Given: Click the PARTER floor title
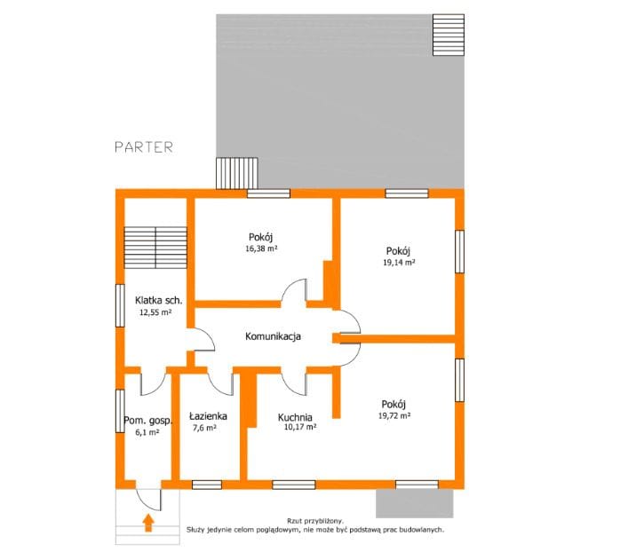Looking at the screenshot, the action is coord(144,147).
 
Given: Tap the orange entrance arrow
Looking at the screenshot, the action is coord(148,523).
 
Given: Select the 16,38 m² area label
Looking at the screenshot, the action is coord(261,248).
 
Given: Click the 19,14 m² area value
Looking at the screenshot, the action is coord(399,262).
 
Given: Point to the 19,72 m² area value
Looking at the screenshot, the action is coord(394,415).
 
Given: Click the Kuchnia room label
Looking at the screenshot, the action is coord(295,417).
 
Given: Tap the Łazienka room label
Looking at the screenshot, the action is coord(208,416).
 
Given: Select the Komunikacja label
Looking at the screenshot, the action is coord(273,336).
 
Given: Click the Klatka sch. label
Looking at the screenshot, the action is coord(159,300).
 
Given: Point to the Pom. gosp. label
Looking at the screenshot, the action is coord(148,421).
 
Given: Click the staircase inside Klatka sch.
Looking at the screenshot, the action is coord(155,248).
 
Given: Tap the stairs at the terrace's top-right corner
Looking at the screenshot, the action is coord(449,35).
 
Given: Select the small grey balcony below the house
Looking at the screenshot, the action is coord(415,503).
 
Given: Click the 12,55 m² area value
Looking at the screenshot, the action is coord(155,312).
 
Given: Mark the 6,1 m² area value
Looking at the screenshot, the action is coord(147,432).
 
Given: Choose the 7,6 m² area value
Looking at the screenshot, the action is coord(204,428).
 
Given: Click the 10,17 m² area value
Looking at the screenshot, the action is coord(300,427).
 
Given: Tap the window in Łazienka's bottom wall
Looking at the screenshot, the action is coord(207,485).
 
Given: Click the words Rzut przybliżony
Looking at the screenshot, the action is coord(315,521).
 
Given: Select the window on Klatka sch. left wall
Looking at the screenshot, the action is coord(120,305).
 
